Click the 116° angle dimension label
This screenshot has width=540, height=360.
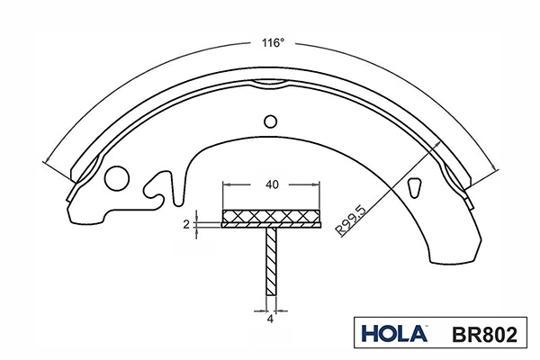[x=273, y=43]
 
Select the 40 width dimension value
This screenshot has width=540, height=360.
[x=272, y=184]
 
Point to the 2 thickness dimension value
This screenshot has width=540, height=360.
[x=186, y=225]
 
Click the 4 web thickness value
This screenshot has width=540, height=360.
[x=270, y=319]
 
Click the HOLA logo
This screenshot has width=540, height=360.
[x=395, y=334]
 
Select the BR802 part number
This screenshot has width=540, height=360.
[x=484, y=334]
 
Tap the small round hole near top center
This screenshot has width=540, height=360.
[x=270, y=121]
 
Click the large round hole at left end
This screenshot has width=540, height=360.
[x=117, y=178]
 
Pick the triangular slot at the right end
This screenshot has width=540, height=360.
[x=414, y=187]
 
